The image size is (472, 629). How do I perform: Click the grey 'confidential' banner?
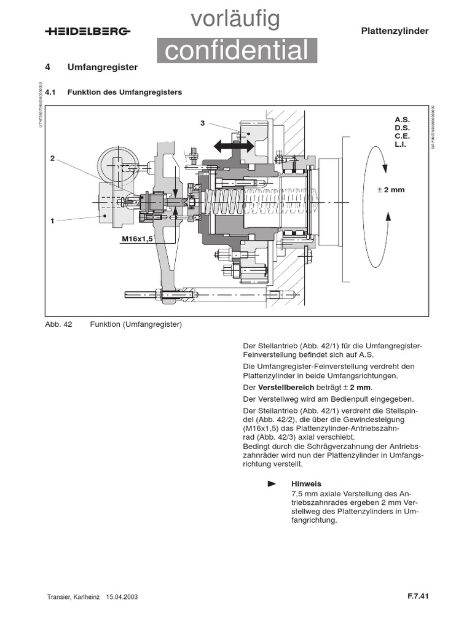click(237, 51)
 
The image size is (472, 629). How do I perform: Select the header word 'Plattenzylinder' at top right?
click(394, 31)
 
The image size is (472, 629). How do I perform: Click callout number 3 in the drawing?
click(202, 123)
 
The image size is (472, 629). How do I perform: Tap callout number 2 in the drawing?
click(53, 158)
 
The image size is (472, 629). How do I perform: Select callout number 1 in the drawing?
click(53, 219)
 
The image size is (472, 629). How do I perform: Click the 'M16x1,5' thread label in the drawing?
click(136, 238)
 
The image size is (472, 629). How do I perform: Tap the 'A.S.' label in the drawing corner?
click(402, 120)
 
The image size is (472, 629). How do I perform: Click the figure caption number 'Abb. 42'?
click(59, 324)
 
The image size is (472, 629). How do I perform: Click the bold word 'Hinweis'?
click(306, 483)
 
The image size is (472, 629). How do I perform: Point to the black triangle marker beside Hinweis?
click(272, 484)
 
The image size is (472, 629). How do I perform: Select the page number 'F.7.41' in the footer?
click(417, 595)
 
